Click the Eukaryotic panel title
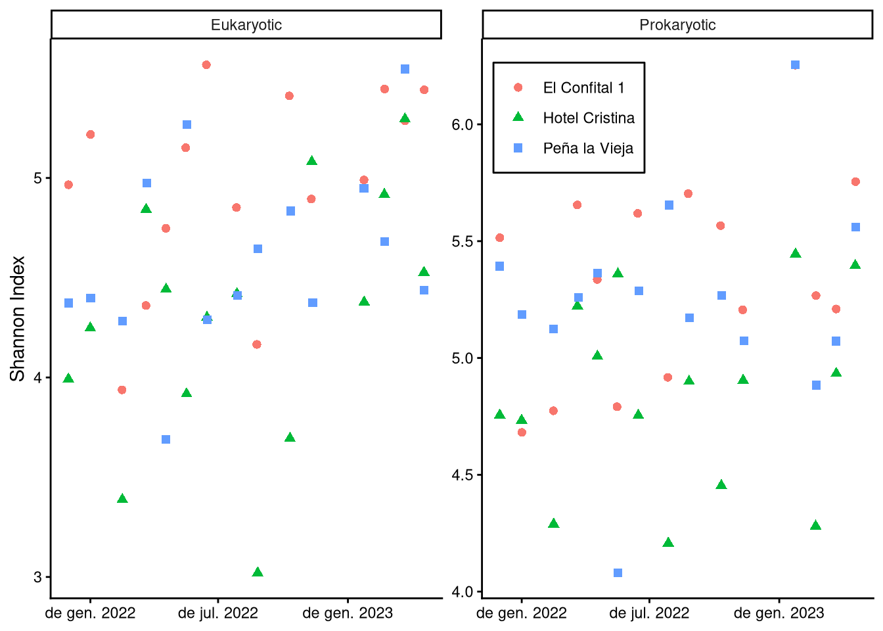[246, 25]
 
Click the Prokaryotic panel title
[677, 25]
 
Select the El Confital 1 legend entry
[583, 87]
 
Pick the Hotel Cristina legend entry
[589, 118]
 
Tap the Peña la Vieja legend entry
[588, 148]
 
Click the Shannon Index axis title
[18, 318]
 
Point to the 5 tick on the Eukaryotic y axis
[37, 178]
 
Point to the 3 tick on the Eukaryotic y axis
[37, 577]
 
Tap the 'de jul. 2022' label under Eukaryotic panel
[218, 613]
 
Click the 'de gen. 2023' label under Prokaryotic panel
[779, 613]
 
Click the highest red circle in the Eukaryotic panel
[206, 64]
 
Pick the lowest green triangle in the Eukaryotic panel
[258, 572]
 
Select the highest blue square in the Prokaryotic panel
[795, 64]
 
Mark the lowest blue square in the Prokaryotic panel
[618, 573]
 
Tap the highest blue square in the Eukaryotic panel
[405, 69]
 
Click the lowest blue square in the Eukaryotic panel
[166, 439]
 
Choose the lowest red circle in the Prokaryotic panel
[522, 432]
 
